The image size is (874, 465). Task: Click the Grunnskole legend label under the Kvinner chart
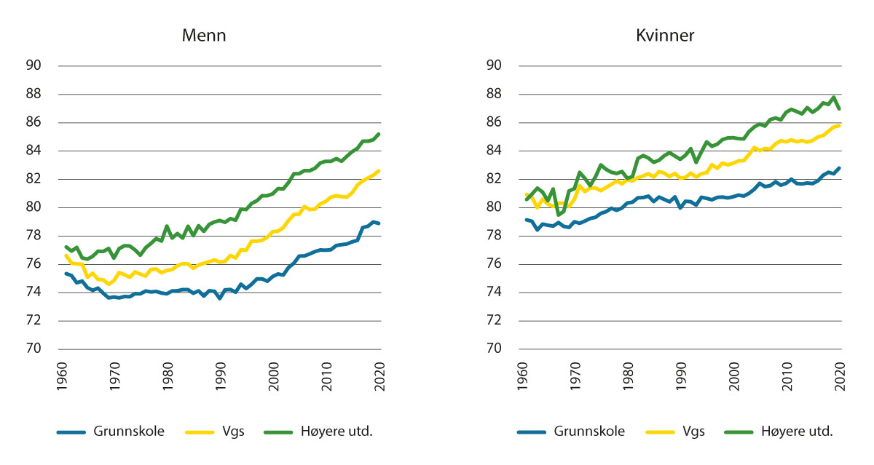tap(590, 431)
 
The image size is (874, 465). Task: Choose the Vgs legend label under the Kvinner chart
tap(695, 431)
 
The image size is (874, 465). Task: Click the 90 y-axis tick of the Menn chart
tap(35, 66)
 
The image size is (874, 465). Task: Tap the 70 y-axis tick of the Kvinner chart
tap(495, 349)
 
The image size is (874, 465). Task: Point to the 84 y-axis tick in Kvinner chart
tap(495, 151)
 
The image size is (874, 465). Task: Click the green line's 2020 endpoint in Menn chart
tap(379, 134)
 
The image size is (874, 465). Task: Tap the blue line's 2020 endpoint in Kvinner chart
tap(839, 168)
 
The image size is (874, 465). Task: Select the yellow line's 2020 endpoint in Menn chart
tap(379, 171)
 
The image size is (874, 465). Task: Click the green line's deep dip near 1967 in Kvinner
tap(559, 214)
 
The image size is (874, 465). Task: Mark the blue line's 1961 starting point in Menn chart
tap(66, 274)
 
